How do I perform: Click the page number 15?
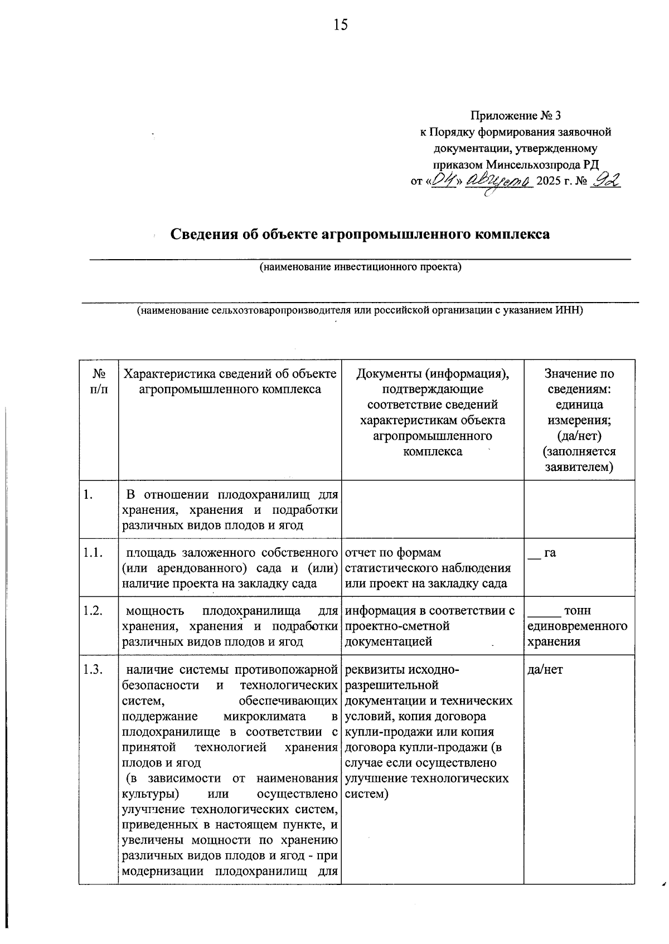point(341,25)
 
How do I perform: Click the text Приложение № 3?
point(515,116)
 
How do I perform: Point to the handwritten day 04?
point(444,180)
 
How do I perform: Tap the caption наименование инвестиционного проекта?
point(361,267)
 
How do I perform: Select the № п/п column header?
point(98,381)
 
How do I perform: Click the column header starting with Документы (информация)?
point(432,412)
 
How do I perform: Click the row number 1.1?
point(93,553)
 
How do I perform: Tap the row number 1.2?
point(93,611)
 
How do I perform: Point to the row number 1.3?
point(93,669)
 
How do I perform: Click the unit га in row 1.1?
point(550,553)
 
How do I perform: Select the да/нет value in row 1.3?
point(545,669)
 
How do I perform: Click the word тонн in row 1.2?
point(578,611)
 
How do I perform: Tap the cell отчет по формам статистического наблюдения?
point(428,568)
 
